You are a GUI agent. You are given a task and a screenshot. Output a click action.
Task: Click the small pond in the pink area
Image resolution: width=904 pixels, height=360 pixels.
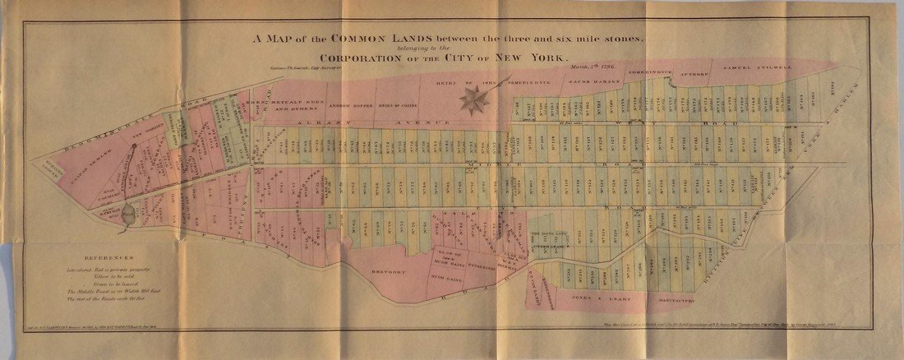128,216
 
